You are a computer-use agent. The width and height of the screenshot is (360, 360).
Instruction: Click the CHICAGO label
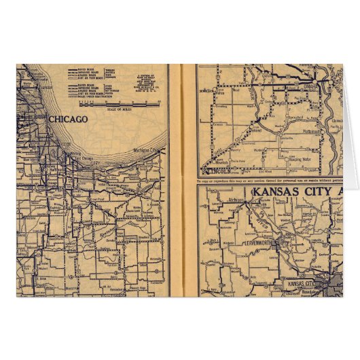click(x=68, y=120)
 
